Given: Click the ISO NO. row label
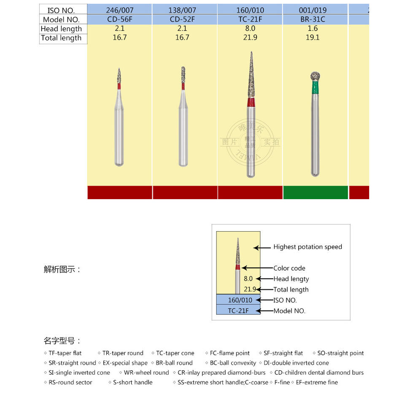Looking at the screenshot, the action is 61,10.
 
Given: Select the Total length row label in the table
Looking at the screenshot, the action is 61,38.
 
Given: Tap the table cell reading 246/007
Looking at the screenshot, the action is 120,10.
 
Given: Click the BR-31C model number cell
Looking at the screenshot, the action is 315,19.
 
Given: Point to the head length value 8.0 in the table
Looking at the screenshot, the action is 250,29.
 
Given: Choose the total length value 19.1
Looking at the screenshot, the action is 315,38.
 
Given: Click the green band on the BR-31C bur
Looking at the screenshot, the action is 315,87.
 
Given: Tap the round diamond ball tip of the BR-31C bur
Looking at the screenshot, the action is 315,76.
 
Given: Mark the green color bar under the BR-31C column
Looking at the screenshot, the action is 315,192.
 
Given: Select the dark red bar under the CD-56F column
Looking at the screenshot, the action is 120,192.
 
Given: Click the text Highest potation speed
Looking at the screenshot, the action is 308,247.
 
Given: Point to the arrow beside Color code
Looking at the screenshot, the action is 257,268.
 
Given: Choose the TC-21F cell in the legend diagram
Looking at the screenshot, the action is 238,311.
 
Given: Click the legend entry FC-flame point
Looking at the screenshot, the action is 229,353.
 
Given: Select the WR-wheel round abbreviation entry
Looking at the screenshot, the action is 146,373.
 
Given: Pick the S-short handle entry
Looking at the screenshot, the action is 132,382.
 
